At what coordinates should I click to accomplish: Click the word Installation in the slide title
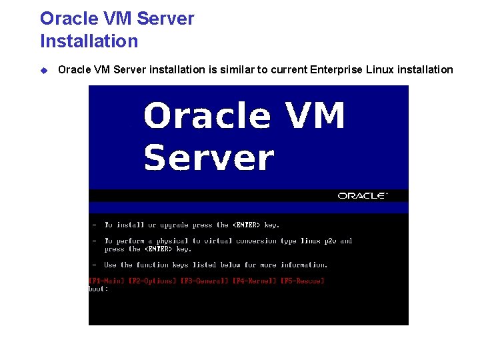pos(89,41)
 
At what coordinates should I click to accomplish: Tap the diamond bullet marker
pos(44,70)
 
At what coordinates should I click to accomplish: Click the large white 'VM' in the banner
pos(314,116)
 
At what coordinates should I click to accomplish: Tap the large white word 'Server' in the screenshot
pos(209,159)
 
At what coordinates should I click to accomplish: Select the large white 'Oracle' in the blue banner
pos(207,116)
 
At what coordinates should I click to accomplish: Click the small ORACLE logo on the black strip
pos(362,196)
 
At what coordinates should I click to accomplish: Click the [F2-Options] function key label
pos(153,281)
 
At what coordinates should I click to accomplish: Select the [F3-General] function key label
pos(205,281)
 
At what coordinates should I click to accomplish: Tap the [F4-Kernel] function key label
pos(255,281)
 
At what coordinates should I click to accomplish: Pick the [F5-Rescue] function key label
pos(302,281)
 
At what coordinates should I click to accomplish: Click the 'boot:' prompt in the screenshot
pos(99,289)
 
